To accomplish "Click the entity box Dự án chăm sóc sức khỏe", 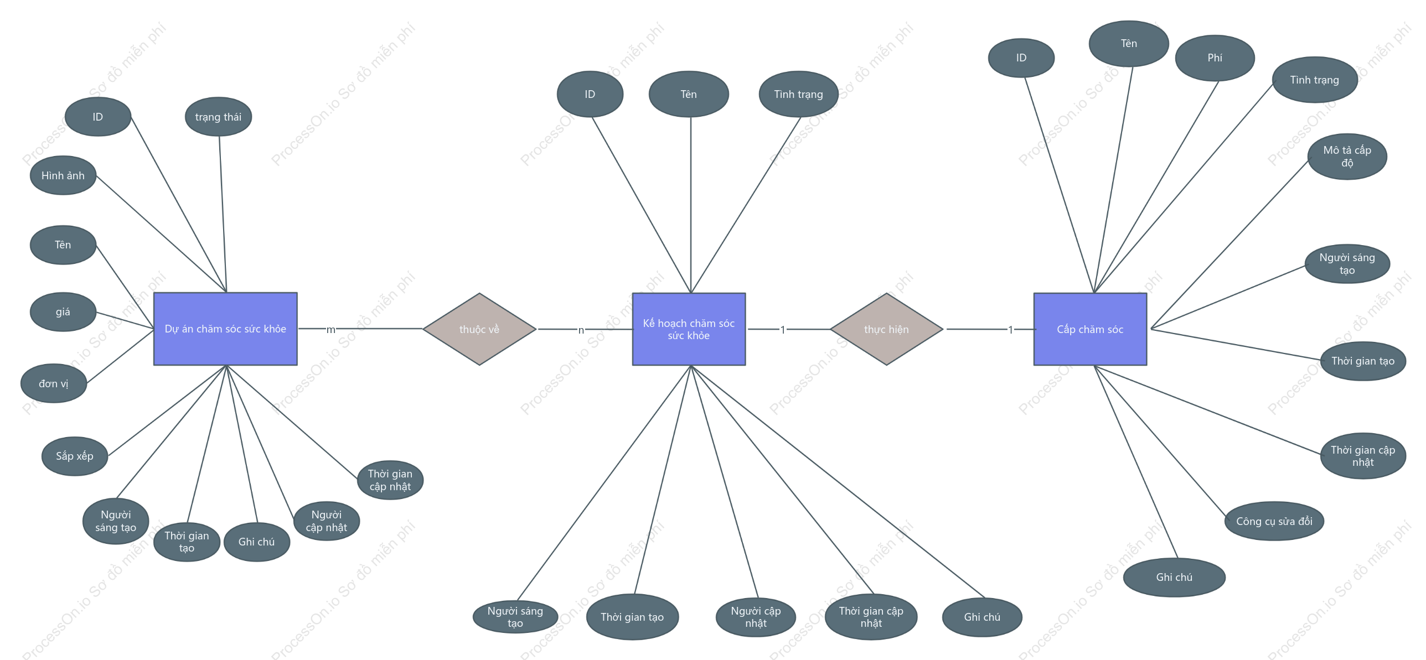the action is tap(225, 329).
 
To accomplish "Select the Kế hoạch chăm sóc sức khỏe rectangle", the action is tap(689, 329).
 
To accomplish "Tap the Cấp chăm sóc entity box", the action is tap(1090, 329).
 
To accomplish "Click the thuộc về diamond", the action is tap(479, 329).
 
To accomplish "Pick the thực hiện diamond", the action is tap(886, 329).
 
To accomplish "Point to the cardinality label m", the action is tap(330, 330).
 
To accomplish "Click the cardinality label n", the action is tap(581, 330).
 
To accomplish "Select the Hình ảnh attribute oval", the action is tap(63, 175).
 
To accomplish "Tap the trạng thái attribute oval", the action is tap(218, 117).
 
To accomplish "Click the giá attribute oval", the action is tap(63, 312).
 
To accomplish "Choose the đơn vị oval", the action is tap(54, 383).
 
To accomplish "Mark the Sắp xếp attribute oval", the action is tap(75, 456).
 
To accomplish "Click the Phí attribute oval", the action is tap(1215, 58).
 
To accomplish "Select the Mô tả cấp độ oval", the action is tap(1347, 157).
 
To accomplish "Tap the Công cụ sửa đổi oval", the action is tap(1274, 521).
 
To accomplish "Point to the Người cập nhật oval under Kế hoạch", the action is tap(756, 617).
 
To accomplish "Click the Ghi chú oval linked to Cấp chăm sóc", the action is tap(1174, 577).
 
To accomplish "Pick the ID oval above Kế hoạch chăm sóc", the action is tap(590, 94).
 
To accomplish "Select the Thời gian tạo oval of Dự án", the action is tap(187, 542).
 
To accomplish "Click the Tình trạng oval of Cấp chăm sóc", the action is tap(1315, 80).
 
